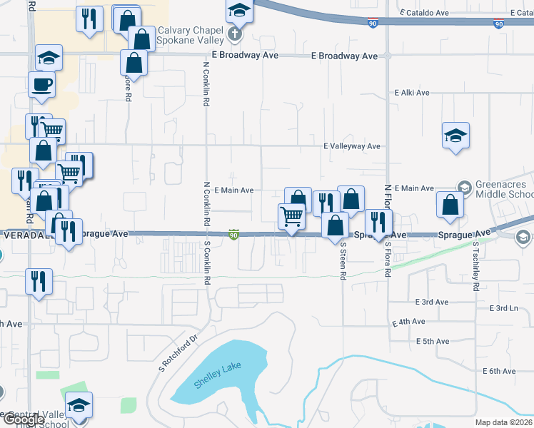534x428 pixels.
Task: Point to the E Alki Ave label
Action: point(412,93)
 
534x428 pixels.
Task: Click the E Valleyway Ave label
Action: point(352,146)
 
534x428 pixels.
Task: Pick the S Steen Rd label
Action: point(343,260)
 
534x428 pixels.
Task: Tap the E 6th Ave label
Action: point(498,371)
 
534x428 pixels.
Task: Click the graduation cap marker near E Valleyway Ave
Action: point(455,136)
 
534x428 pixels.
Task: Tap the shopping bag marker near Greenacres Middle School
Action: point(450,205)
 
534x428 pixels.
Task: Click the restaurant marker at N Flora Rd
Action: point(378,223)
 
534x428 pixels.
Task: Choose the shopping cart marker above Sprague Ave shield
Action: point(291,216)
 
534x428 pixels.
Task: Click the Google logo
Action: point(24,420)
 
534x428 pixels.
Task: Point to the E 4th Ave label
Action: point(409,322)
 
